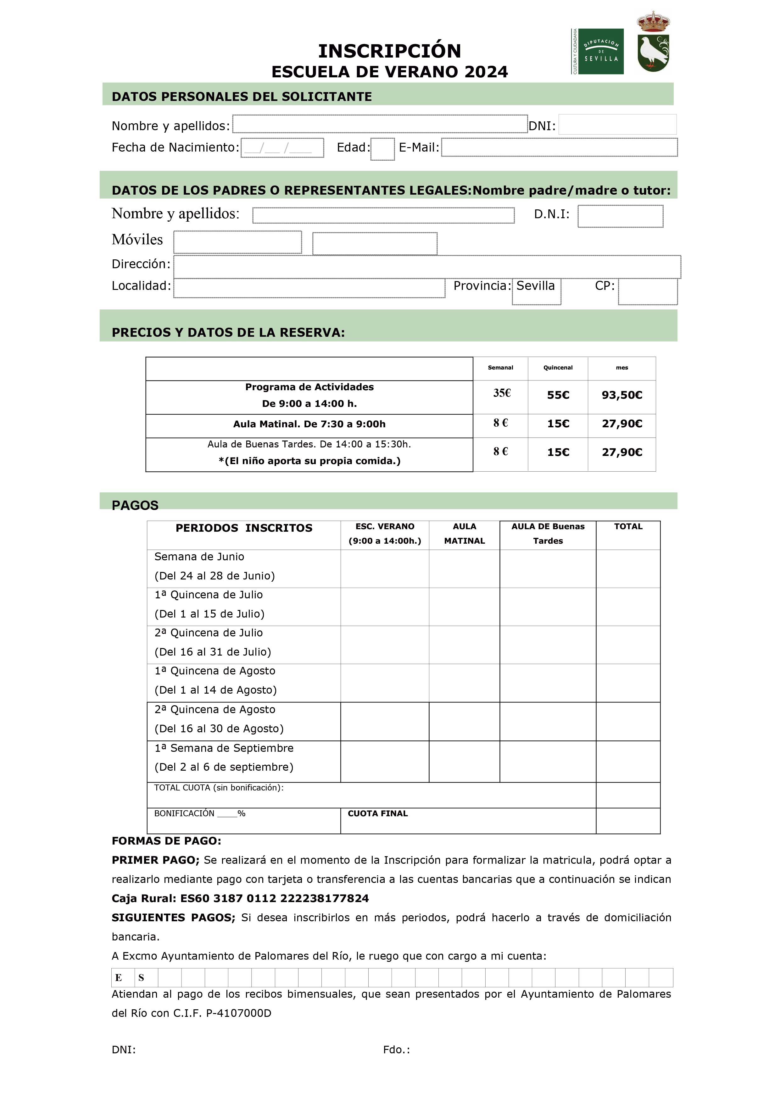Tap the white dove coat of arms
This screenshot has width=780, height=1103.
pyautogui.click(x=653, y=42)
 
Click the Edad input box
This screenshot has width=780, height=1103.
pyautogui.click(x=382, y=149)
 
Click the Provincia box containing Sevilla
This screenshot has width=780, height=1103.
pyautogui.click(x=536, y=291)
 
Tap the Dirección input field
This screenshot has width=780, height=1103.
pyautogui.click(x=427, y=267)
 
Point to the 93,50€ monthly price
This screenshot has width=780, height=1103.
pyautogui.click(x=621, y=395)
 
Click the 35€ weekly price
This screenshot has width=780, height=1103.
pyautogui.click(x=501, y=393)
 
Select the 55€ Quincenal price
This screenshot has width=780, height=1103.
pyautogui.click(x=558, y=395)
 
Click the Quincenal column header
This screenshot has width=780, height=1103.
pyautogui.click(x=558, y=368)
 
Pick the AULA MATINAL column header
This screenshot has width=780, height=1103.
pyautogui.click(x=464, y=534)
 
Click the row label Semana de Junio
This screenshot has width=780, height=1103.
pyautogui.click(x=199, y=557)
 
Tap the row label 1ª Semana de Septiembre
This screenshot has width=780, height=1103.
pyautogui.click(x=224, y=748)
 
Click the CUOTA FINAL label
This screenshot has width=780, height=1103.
pyautogui.click(x=377, y=814)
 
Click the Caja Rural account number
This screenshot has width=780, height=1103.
pyautogui.click(x=275, y=898)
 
